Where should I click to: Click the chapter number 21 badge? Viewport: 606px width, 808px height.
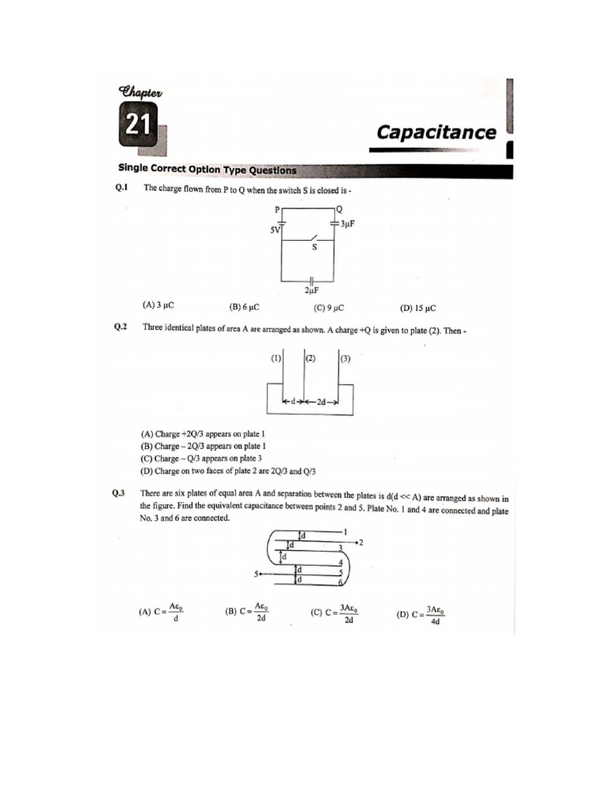click(138, 128)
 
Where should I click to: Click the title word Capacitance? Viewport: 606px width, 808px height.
click(436, 132)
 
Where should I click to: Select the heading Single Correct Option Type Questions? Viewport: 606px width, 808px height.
click(208, 170)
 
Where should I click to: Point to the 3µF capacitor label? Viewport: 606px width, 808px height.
click(347, 224)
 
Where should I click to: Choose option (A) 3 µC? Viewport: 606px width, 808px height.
click(158, 305)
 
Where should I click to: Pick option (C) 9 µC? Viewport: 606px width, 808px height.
click(330, 308)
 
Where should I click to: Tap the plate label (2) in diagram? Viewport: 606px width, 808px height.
click(310, 358)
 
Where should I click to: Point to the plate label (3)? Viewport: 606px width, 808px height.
click(346, 359)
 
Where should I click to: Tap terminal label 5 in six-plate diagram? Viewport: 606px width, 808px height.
click(256, 574)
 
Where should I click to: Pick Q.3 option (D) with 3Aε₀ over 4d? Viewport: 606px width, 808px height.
click(422, 615)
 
